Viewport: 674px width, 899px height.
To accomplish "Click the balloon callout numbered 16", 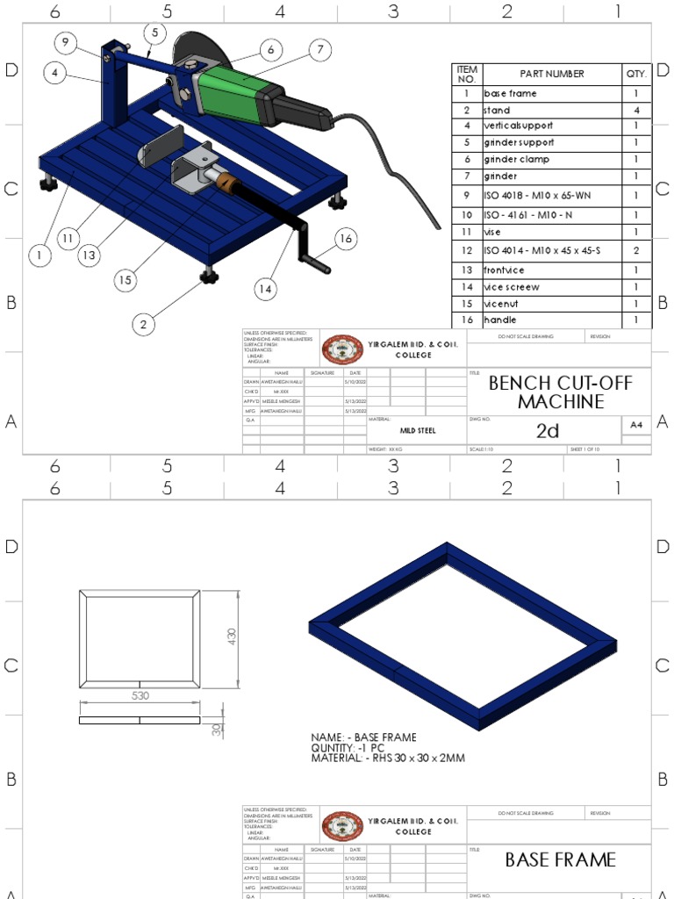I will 345,238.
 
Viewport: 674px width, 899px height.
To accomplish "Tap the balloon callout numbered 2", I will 143,324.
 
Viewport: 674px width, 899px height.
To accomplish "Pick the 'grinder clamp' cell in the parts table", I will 550,159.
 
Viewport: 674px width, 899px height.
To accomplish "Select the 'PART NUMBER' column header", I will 550,74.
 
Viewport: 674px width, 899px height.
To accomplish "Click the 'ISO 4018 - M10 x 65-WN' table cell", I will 550,194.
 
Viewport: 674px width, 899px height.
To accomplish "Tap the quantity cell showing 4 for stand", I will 636,111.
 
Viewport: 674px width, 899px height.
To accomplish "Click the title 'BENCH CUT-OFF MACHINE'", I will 560,392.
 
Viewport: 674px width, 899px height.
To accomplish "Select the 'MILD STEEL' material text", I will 418,431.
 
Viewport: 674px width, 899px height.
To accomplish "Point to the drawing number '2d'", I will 547,430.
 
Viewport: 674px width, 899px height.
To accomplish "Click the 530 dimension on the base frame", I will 140,695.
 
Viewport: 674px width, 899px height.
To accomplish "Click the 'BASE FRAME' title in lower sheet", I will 560,859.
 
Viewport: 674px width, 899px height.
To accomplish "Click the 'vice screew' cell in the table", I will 550,287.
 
